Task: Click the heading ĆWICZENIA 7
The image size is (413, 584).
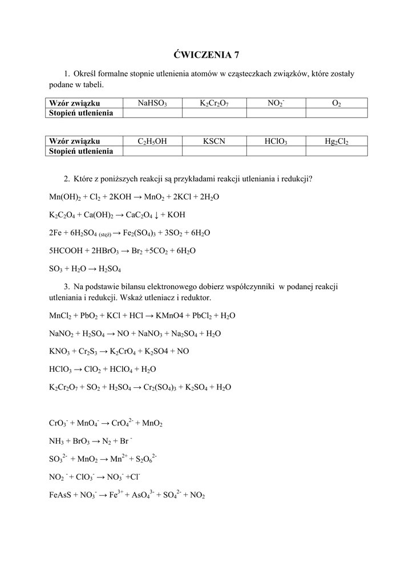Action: [x=206, y=55]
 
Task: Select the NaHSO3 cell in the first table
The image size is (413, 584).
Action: [x=152, y=103]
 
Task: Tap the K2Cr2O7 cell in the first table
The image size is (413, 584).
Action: [x=214, y=103]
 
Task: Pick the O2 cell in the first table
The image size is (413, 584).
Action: [x=337, y=103]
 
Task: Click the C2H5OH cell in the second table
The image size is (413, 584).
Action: [x=152, y=141]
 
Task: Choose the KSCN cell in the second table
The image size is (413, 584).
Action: [x=214, y=141]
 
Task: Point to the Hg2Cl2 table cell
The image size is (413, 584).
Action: [x=337, y=141]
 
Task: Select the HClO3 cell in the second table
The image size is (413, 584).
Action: [x=276, y=141]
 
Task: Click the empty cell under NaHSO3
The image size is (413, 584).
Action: [x=152, y=113]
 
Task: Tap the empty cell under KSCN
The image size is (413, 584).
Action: [x=214, y=151]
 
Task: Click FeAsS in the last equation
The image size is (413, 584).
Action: [x=62, y=496]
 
